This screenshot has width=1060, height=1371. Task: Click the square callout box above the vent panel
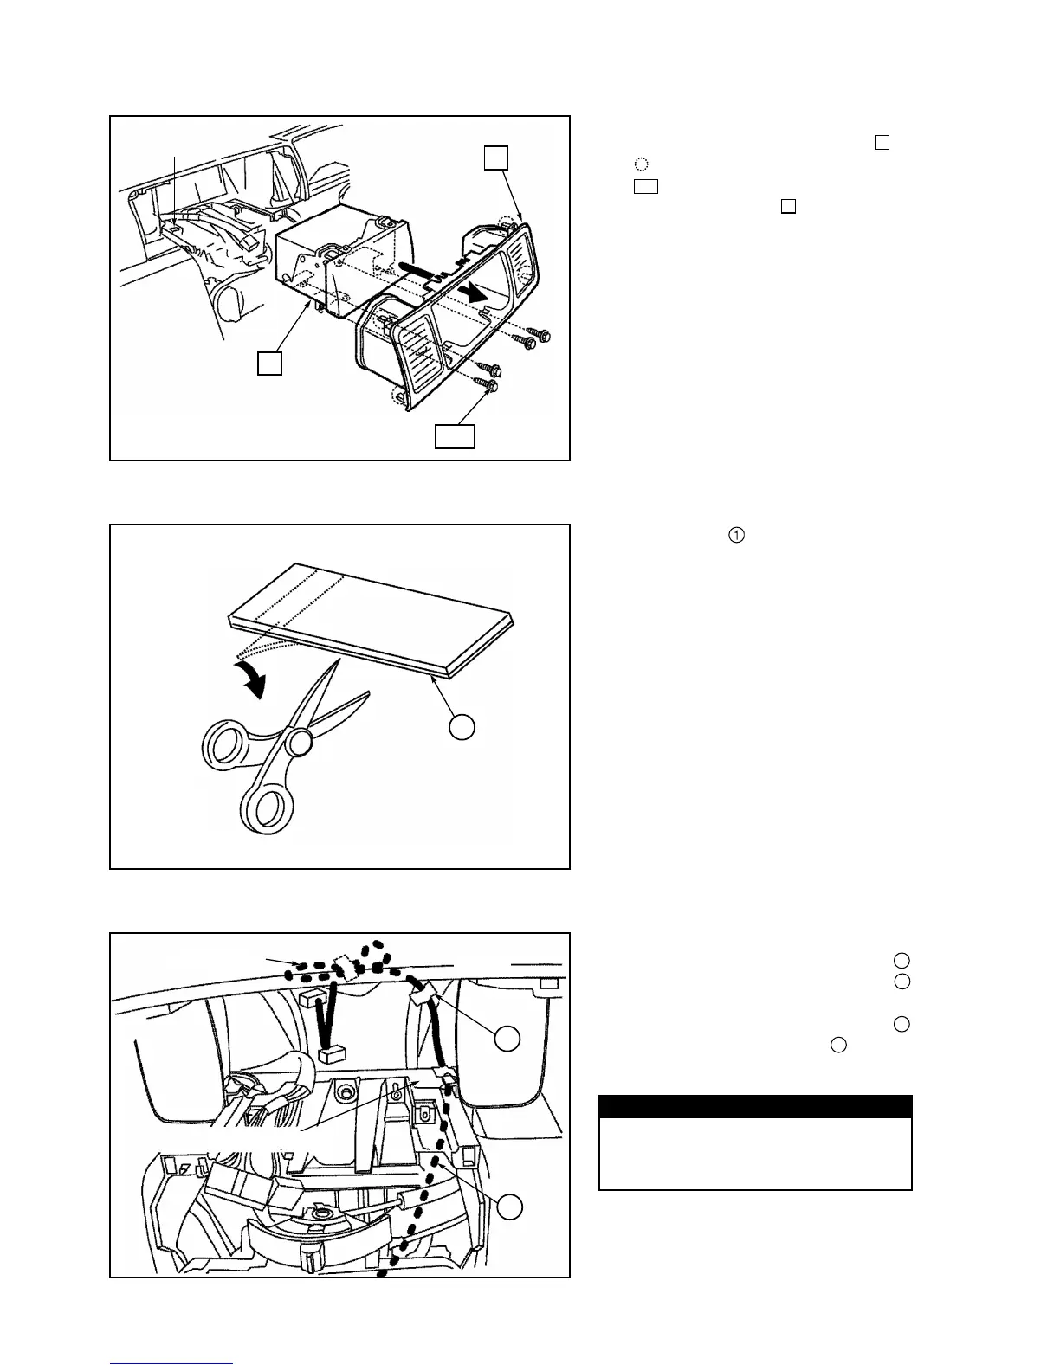pyautogui.click(x=495, y=158)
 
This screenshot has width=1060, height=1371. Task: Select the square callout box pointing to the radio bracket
pyautogui.click(x=269, y=363)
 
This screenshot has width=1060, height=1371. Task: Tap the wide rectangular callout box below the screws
pyautogui.click(x=455, y=436)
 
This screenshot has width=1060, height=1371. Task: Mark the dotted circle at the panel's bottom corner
pyautogui.click(x=399, y=396)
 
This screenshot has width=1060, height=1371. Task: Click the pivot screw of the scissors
pyautogui.click(x=301, y=742)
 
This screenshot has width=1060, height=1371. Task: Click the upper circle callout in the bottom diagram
pyautogui.click(x=507, y=1039)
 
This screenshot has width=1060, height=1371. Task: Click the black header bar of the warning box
pyautogui.click(x=755, y=1107)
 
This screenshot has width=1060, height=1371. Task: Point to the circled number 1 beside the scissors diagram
pyautogui.click(x=735, y=536)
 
